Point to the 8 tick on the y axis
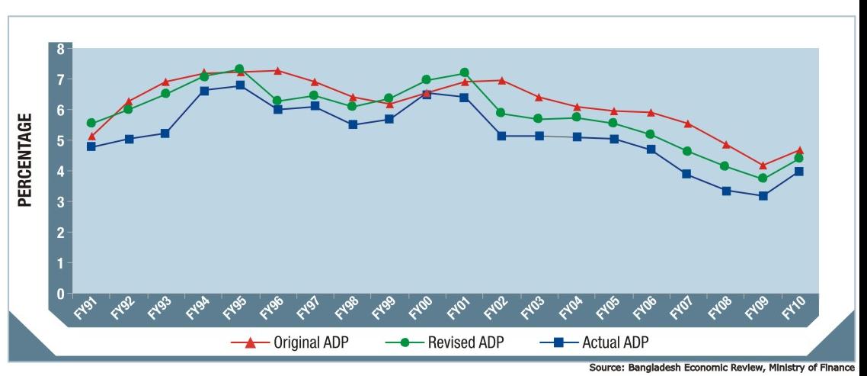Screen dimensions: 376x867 [x=61, y=49]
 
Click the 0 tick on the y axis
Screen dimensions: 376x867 [x=61, y=294]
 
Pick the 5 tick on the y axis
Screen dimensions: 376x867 [x=61, y=141]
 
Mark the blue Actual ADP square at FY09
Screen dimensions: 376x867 [x=763, y=196]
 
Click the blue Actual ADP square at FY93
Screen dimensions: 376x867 [x=165, y=133]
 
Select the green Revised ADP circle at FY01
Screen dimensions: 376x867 [x=464, y=73]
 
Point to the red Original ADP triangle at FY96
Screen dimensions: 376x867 [x=277, y=70]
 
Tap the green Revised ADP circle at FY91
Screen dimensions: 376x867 [x=91, y=123]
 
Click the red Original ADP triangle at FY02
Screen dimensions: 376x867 [x=501, y=79]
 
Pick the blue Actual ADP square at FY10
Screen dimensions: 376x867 [x=799, y=172]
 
